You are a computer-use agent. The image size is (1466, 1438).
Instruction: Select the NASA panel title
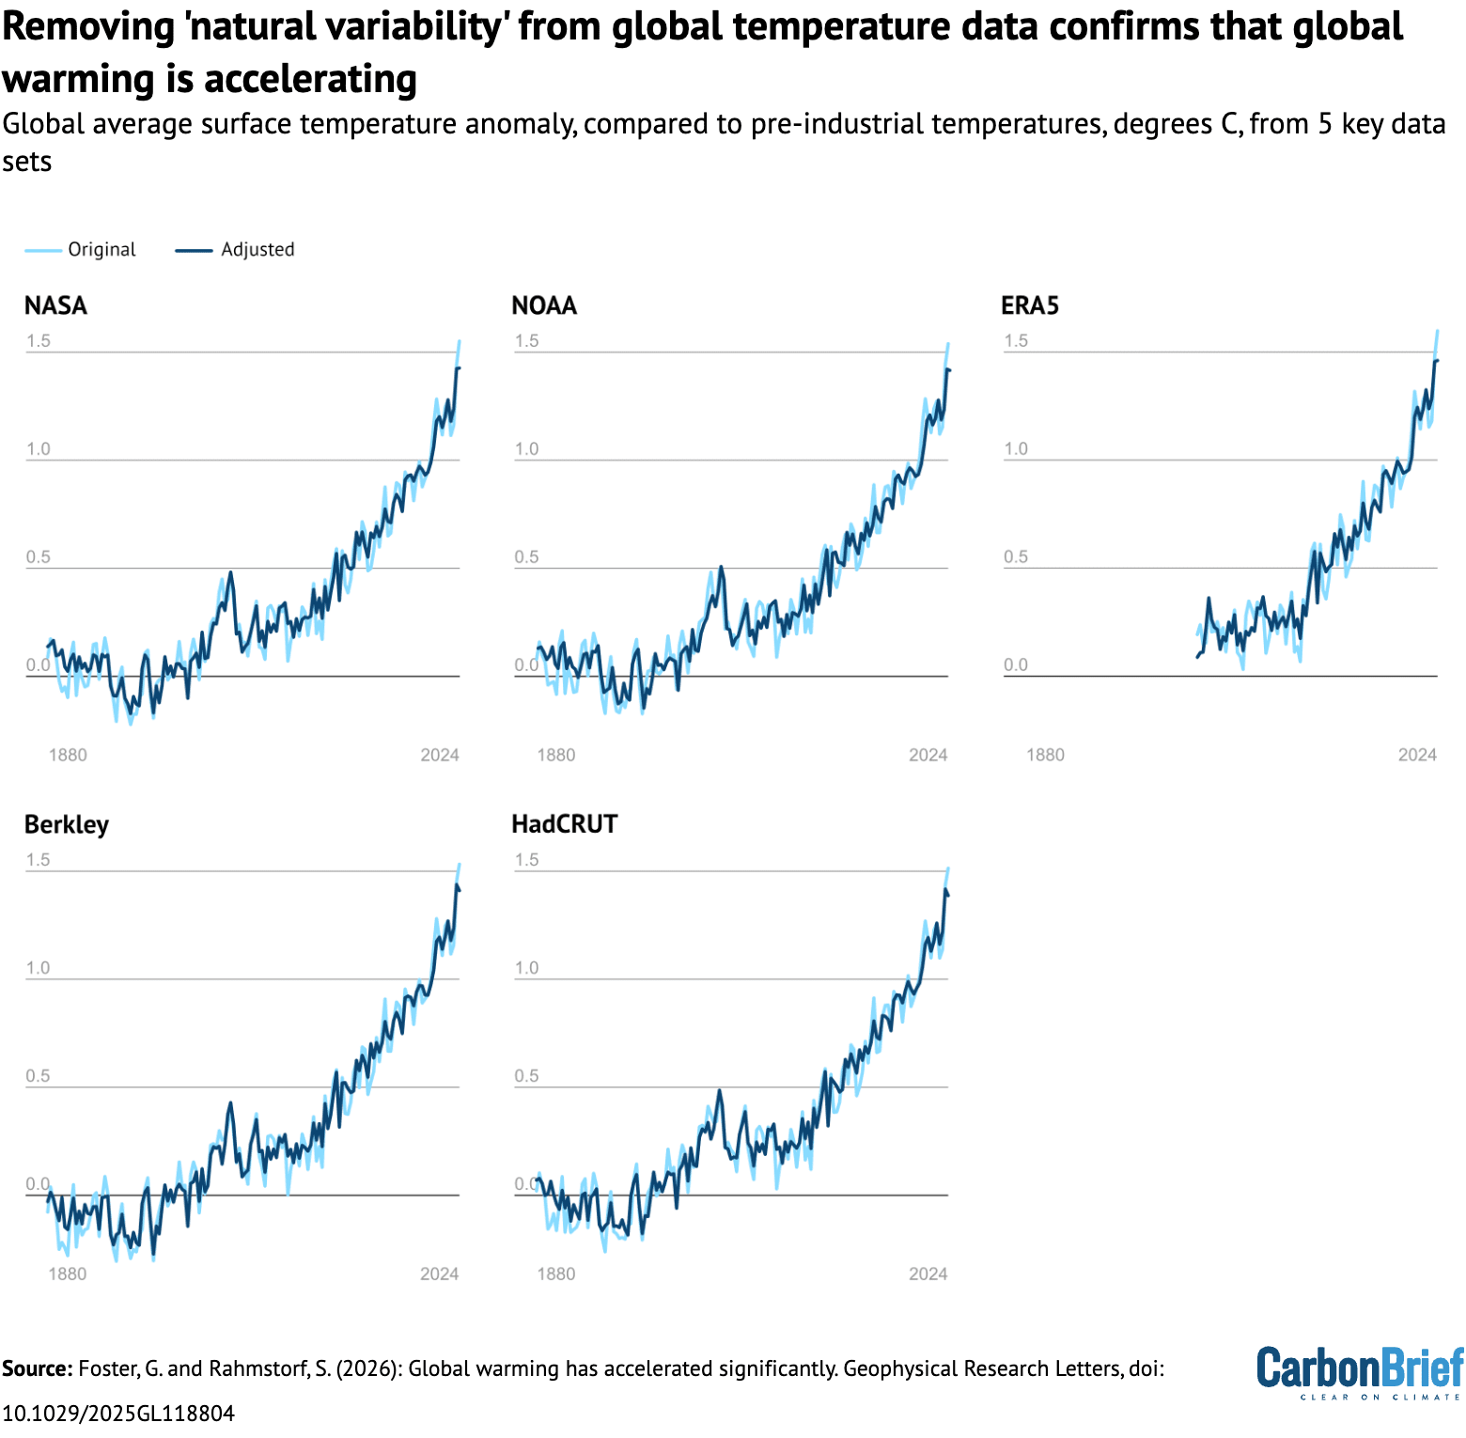pos(55,306)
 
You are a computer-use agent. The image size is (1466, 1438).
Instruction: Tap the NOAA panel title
pos(544,306)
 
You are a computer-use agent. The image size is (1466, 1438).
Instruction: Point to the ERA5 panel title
pos(1030,306)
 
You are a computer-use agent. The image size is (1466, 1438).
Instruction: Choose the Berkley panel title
pos(67,825)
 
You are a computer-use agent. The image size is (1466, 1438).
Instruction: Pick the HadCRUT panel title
pos(565,825)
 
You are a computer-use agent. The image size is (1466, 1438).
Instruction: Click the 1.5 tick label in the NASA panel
pos(39,341)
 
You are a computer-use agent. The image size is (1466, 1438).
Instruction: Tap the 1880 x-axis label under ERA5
pos(1045,756)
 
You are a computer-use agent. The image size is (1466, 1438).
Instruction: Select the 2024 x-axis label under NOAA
pos(928,756)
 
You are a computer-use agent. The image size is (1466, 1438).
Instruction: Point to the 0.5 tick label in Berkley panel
pos(39,1076)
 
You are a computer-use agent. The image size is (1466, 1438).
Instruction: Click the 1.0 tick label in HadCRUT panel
pos(527,968)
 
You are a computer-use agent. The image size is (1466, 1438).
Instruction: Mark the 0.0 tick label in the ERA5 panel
pos(1016,665)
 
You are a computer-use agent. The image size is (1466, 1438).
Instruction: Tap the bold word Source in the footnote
pos(37,1369)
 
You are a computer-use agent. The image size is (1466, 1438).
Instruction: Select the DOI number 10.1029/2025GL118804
pos(118,1414)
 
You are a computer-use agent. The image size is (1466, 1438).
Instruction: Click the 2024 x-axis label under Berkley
pos(439,1274)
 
